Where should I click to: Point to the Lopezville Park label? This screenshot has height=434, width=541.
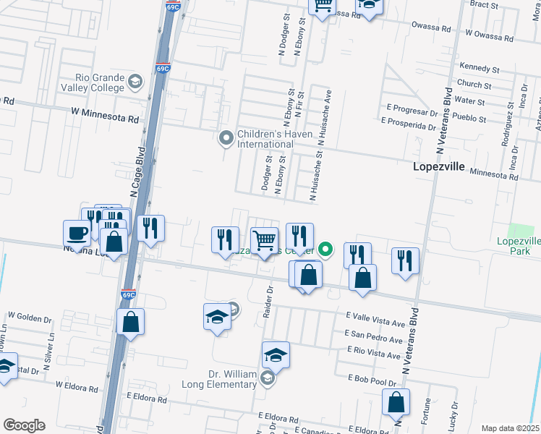[x=519, y=246]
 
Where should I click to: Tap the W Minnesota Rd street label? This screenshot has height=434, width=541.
[x=104, y=116]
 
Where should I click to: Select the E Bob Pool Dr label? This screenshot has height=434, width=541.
[x=372, y=379]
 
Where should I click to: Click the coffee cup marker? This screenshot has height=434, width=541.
[x=77, y=233]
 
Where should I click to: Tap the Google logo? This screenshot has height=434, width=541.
[x=23, y=425]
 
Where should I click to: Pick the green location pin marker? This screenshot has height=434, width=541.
[x=326, y=250]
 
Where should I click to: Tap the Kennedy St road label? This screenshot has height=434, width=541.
[x=474, y=67]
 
